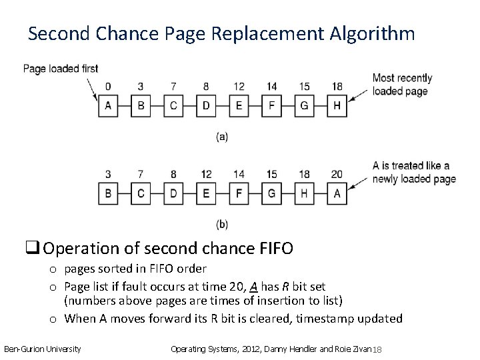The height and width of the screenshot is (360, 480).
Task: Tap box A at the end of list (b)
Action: point(337,193)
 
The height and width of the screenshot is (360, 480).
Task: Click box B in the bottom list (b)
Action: point(108,193)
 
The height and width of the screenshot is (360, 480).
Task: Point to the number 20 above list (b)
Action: point(337,175)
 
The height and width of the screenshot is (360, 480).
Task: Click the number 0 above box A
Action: point(108,87)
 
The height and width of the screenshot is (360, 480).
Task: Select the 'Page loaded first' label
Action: point(61,68)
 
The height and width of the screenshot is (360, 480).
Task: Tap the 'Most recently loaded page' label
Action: point(402,85)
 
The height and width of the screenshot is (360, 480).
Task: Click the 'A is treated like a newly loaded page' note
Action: point(413,172)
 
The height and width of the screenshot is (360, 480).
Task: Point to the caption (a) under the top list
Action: point(222,137)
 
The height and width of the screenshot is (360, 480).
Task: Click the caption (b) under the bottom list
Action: point(222,223)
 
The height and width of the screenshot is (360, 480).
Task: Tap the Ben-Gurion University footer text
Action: point(43,349)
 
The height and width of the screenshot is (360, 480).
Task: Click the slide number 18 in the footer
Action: point(377,350)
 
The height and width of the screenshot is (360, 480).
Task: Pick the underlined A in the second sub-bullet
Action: point(253,286)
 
